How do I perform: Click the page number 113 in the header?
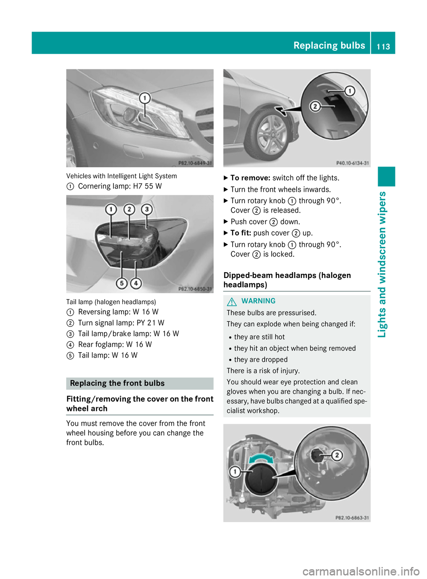point(383,46)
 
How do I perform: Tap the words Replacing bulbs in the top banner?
point(329,45)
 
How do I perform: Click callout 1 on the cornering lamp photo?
point(145,98)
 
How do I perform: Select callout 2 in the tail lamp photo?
point(129,209)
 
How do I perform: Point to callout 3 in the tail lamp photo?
point(146,209)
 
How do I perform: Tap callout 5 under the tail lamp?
point(121,283)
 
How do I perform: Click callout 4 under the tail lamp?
point(136,283)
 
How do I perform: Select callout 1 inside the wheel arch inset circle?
point(350,91)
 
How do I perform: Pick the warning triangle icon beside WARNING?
point(232,302)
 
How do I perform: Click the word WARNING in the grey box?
point(258,301)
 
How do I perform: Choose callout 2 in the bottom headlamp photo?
point(337,455)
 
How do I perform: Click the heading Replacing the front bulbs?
point(117,383)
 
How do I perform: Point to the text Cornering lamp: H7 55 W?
point(120,186)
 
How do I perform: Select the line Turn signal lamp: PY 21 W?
point(121,323)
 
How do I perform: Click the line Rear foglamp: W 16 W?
point(115,345)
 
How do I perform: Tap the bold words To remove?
point(250,178)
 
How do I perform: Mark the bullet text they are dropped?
point(261,360)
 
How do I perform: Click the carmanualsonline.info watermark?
point(361,571)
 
